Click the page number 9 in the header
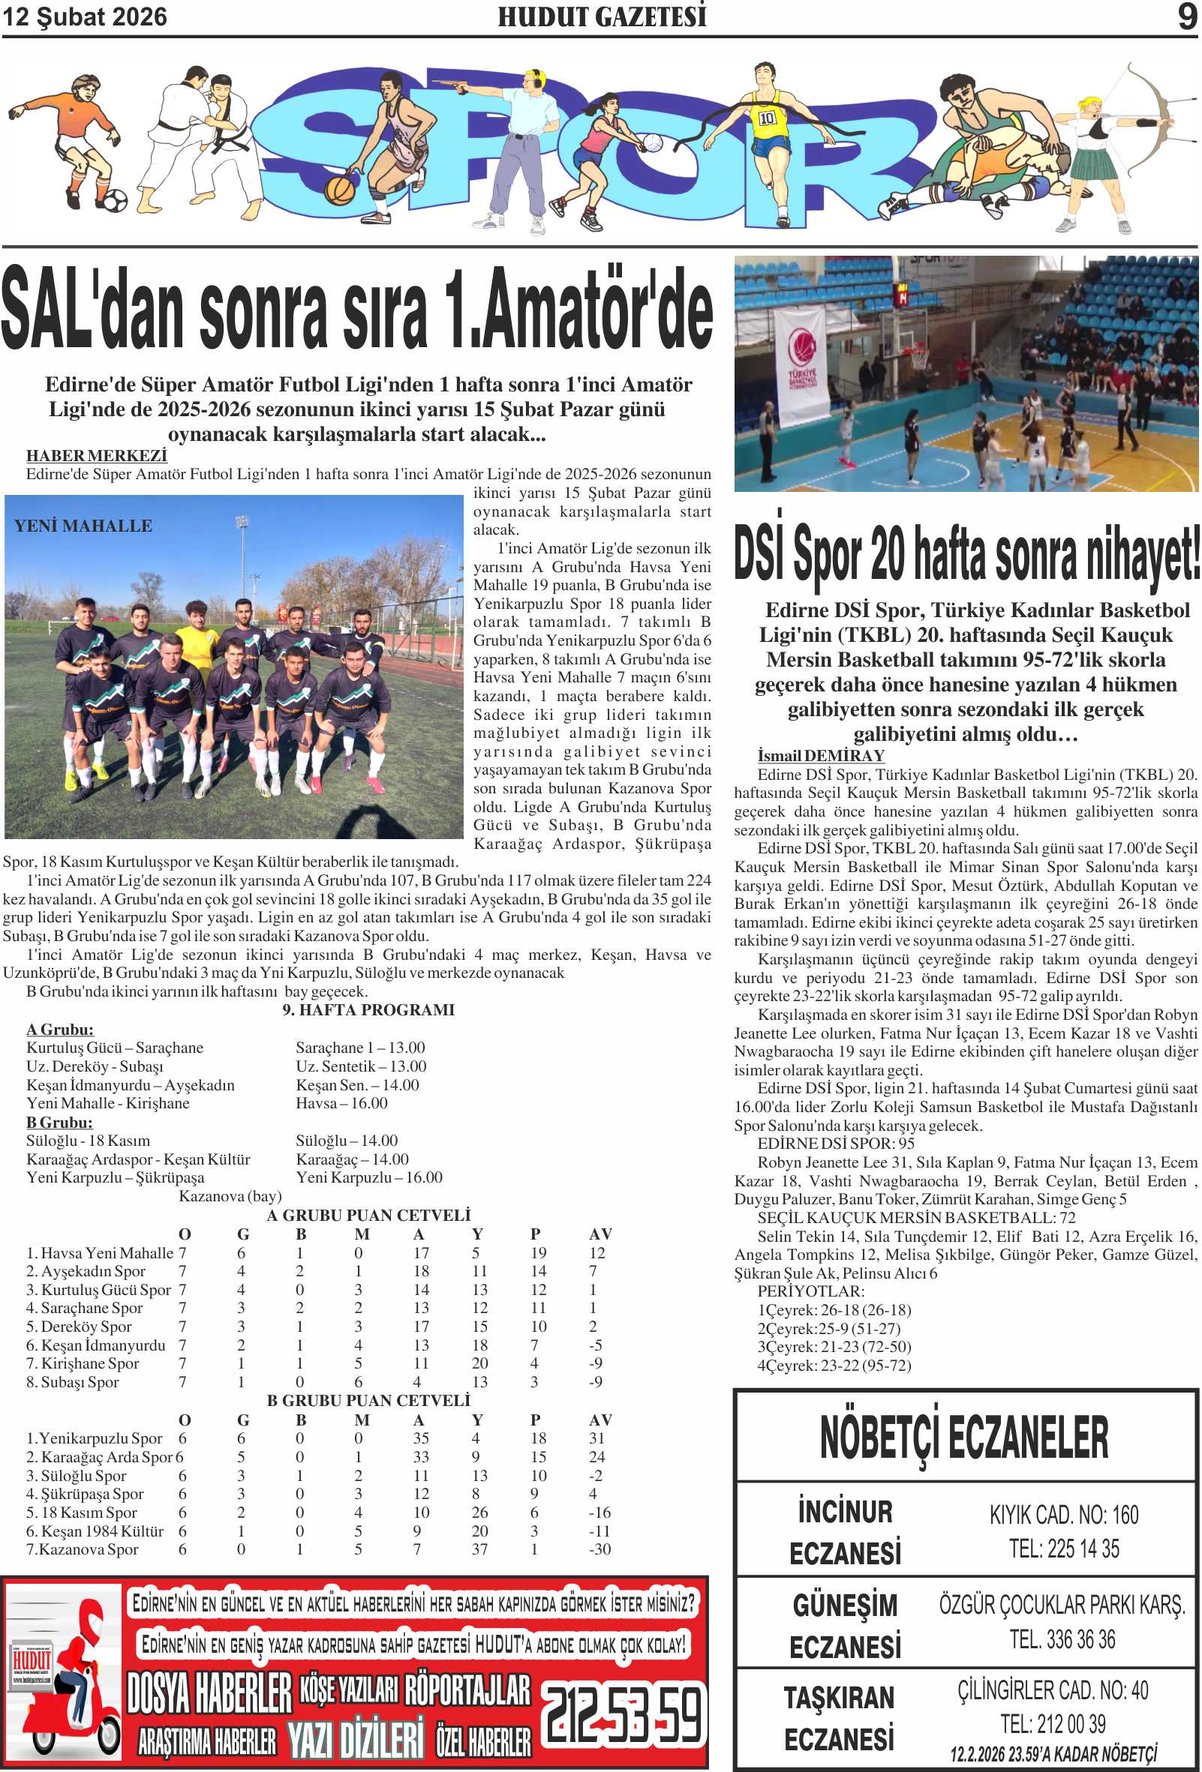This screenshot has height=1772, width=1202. tap(1186, 16)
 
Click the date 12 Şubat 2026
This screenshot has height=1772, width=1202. tap(85, 16)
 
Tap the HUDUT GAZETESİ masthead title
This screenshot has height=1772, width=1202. tap(602, 16)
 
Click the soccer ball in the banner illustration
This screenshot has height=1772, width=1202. tap(115, 199)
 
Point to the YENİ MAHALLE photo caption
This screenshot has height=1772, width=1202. tap(83, 526)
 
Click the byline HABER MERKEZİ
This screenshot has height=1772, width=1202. tap(97, 455)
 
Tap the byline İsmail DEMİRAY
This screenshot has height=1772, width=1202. tap(821, 755)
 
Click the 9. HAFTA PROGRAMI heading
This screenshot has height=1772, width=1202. tap(368, 1009)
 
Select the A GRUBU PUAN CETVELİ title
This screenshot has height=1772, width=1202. tap(368, 1215)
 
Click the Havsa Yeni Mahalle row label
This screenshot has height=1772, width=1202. tap(100, 1253)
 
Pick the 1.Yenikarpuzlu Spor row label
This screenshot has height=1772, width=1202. tap(95, 1438)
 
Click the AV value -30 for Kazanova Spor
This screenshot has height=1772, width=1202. tap(599, 1549)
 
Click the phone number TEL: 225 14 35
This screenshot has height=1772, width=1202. tap(1064, 1549)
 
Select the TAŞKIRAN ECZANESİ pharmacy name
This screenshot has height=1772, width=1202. tap(839, 1719)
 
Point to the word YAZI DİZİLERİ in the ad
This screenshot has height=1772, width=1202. tap(355, 1739)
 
